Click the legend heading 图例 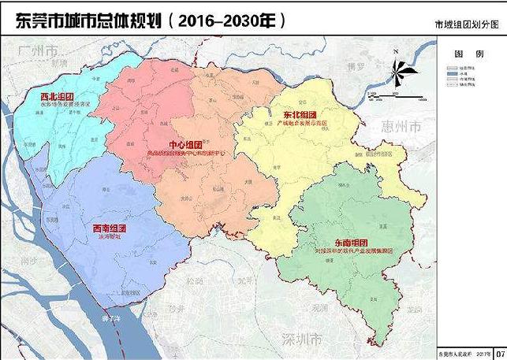pos(464,54)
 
